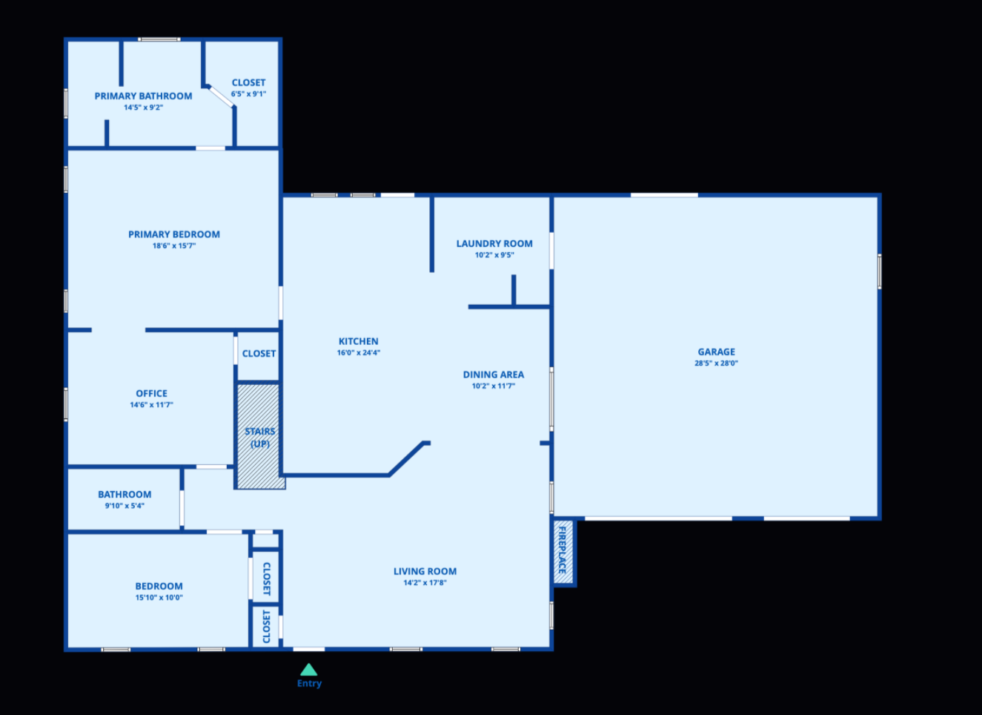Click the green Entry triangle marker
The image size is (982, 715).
(x=308, y=669)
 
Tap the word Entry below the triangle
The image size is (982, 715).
(x=309, y=683)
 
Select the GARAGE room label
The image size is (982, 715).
(x=717, y=352)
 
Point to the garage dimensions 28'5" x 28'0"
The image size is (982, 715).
(x=717, y=363)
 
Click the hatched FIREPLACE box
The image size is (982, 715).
(x=563, y=552)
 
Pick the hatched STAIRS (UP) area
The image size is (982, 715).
(x=259, y=436)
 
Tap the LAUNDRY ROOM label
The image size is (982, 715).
(x=494, y=243)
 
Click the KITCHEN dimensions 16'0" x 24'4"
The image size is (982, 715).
(x=359, y=352)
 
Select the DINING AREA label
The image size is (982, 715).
(x=494, y=375)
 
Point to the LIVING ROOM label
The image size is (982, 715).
(x=425, y=571)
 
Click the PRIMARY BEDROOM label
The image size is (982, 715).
(x=174, y=234)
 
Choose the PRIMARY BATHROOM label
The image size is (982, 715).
(x=143, y=96)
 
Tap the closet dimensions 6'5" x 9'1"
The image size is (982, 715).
(x=248, y=94)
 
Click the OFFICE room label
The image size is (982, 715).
(x=152, y=393)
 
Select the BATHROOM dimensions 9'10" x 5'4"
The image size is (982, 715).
(x=125, y=506)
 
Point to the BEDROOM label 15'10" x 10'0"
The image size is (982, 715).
(x=159, y=586)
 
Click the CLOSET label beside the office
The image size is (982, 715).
(x=259, y=354)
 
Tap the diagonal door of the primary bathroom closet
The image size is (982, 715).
(x=222, y=96)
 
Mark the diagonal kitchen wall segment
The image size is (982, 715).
(x=406, y=459)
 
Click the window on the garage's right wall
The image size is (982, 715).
(x=880, y=271)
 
